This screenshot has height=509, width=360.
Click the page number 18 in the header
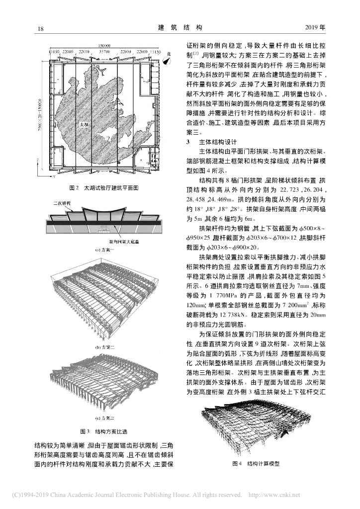[x=41, y=28]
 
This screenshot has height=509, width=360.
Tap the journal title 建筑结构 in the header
[x=180, y=28]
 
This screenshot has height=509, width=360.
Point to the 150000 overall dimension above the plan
[x=104, y=45]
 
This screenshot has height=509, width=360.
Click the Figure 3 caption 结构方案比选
[x=104, y=430]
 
